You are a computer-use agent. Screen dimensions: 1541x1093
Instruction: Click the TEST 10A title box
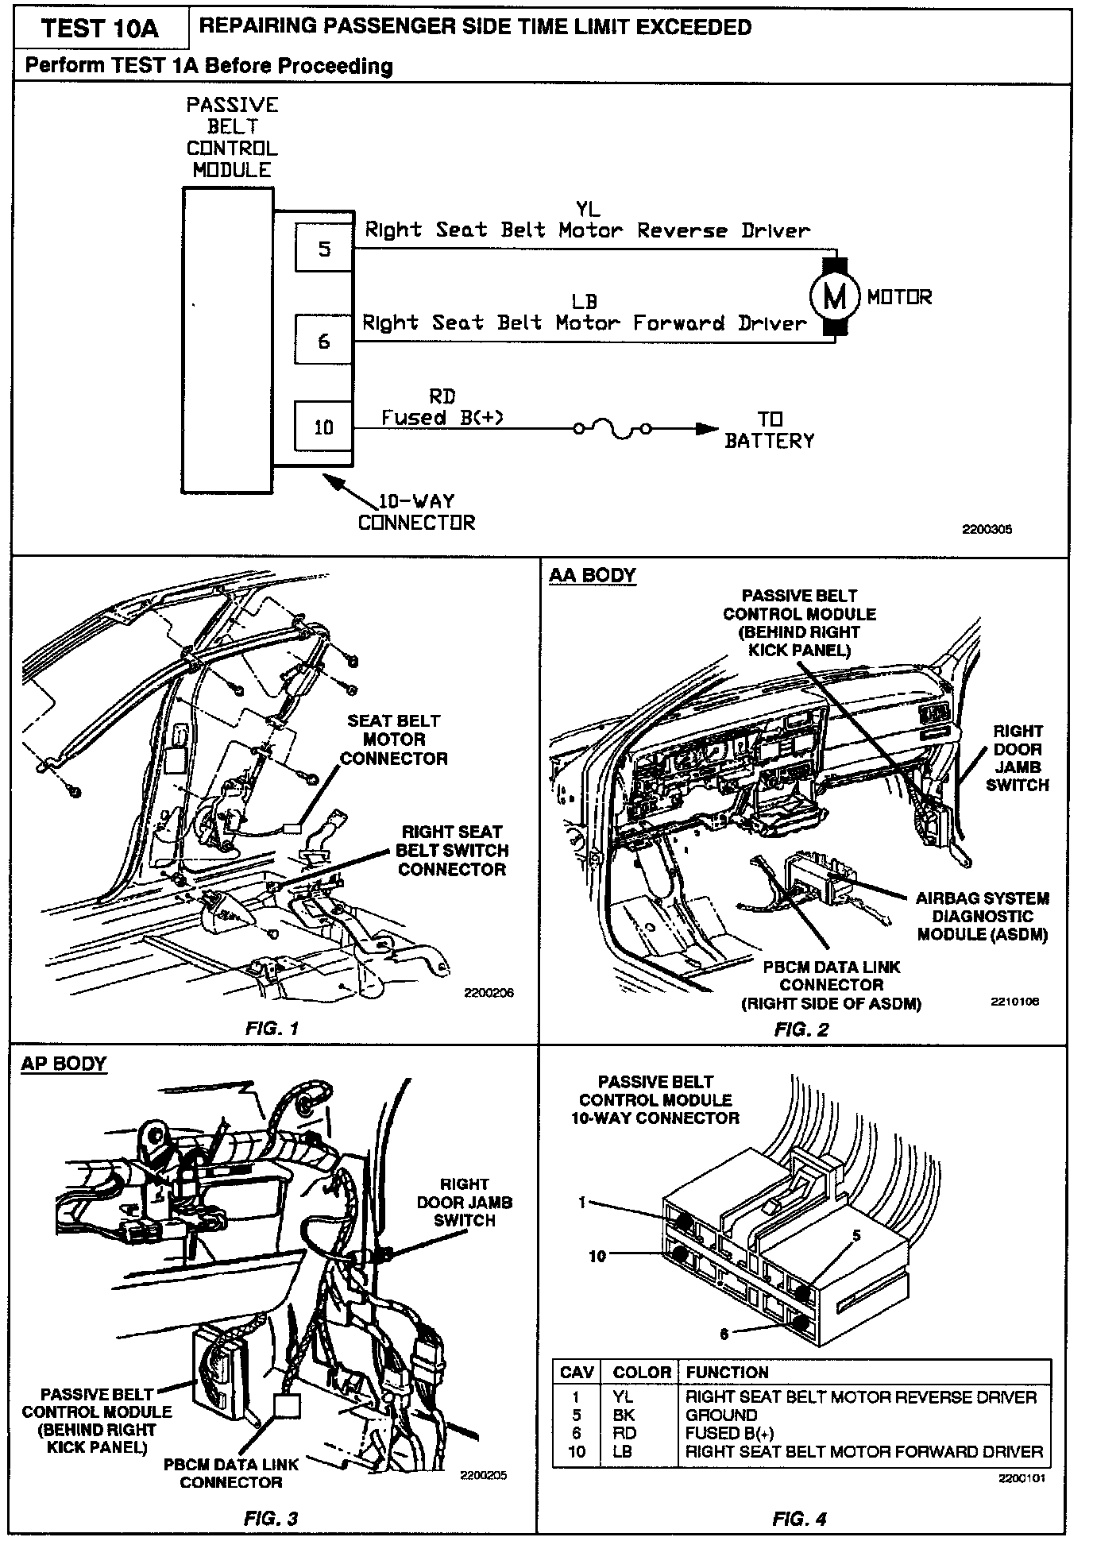pos(100,29)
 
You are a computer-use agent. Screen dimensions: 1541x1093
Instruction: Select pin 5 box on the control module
pos(324,249)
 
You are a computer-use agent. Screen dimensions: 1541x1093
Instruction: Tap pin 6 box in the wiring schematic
pos(324,341)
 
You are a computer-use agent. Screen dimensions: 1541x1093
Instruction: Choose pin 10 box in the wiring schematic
pos(324,427)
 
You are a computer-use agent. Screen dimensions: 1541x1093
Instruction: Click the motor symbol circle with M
pos(834,297)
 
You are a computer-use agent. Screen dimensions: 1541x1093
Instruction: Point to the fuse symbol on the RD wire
pos(612,430)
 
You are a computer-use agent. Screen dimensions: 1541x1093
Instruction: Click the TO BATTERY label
pos(769,430)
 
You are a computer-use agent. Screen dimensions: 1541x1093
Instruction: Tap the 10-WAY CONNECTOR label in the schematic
pos(416,512)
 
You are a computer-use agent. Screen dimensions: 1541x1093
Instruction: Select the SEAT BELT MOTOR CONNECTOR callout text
pos(394,740)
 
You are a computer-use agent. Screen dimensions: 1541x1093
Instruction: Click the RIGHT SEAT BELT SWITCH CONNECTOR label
pos(452,851)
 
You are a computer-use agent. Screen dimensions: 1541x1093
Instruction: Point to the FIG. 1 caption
pos(272,1029)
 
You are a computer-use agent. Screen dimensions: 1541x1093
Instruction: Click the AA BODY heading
pos(593,575)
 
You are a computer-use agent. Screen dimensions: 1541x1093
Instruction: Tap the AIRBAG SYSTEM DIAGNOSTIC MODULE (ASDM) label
pos(983,916)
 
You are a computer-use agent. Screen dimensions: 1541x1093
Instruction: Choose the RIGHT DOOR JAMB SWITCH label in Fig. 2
pos(1018,758)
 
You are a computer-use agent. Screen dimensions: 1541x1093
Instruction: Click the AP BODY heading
pos(64,1064)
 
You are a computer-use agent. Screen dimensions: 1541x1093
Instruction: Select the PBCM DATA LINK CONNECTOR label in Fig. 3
pos(231,1473)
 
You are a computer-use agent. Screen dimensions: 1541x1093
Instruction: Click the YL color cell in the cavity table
pos(624,1397)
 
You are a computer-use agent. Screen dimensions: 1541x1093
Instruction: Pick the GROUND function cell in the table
pos(721,1415)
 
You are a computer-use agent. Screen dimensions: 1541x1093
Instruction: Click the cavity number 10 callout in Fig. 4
pos(597,1256)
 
